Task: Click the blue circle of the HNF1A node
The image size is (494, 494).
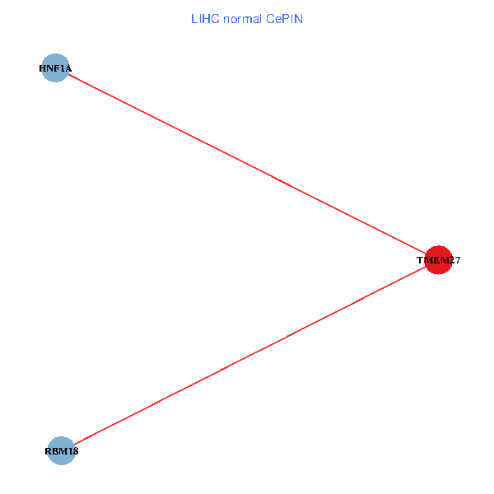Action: click(55, 68)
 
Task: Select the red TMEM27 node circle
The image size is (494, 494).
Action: click(439, 260)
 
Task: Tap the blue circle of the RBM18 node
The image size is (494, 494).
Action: click(61, 450)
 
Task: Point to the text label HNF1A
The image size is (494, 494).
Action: click(55, 68)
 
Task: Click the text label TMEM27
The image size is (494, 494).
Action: click(439, 260)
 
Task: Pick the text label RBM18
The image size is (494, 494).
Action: click(61, 451)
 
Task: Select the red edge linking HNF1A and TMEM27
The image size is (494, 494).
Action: click(247, 164)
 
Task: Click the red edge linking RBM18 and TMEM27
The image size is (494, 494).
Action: click(247, 357)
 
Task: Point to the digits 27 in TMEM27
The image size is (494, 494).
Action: click(454, 260)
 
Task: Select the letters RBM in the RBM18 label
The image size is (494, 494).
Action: click(55, 451)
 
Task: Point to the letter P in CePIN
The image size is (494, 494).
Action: click(287, 19)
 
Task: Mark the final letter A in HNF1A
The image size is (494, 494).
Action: click(68, 68)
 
